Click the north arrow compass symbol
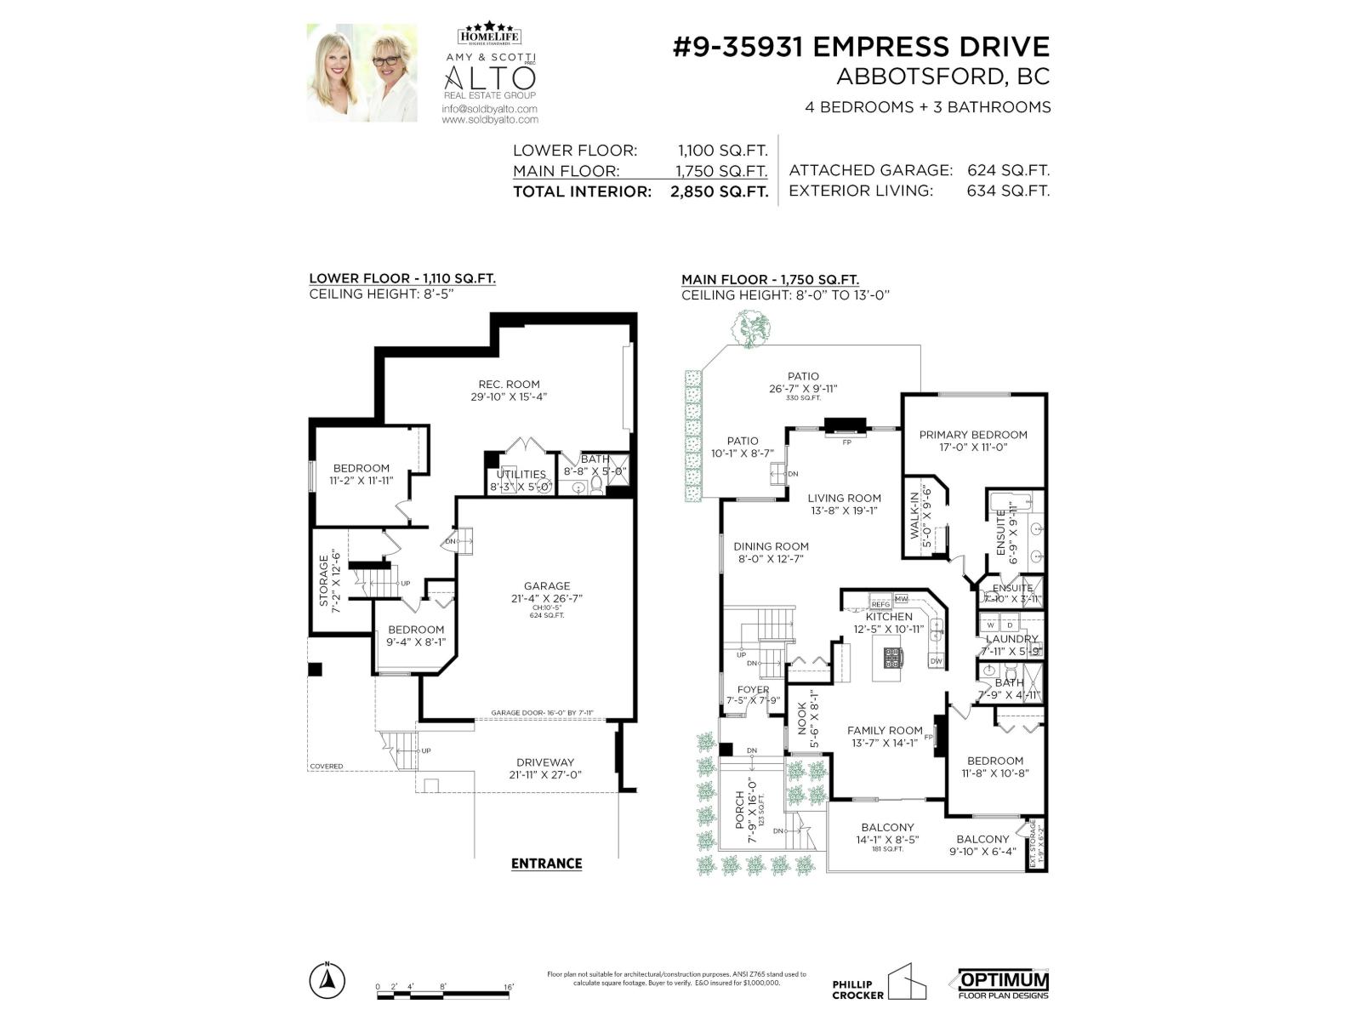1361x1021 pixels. (x=327, y=981)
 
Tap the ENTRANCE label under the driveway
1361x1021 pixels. (x=546, y=863)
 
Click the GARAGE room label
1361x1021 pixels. (x=547, y=586)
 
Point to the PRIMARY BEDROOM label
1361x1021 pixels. (x=973, y=435)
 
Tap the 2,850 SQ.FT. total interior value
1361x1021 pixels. (x=719, y=191)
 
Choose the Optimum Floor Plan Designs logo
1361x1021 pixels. (x=1004, y=984)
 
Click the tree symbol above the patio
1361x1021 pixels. (x=752, y=328)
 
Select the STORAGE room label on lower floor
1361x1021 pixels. (x=324, y=582)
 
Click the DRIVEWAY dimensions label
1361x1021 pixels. (x=545, y=768)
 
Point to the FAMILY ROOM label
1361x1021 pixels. (x=885, y=730)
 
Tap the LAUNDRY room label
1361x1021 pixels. (x=1011, y=639)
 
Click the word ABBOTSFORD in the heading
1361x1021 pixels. (x=908, y=77)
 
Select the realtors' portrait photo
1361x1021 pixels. (x=362, y=73)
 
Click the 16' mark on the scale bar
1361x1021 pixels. (x=509, y=987)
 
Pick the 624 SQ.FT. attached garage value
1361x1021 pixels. (x=1008, y=170)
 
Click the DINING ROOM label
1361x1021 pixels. (x=771, y=546)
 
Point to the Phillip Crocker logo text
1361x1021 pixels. (x=858, y=990)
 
